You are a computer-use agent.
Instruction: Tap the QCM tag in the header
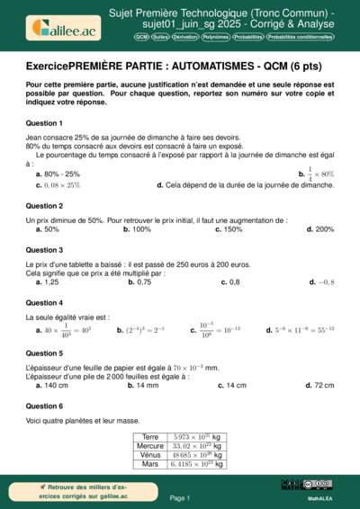tap(142, 38)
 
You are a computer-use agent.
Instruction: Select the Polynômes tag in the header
tap(215, 38)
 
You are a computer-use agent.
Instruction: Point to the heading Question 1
tap(44, 122)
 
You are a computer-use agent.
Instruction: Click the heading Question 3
tap(44, 249)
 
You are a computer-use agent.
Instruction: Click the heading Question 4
tap(44, 303)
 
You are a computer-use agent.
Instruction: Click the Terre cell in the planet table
tap(150, 436)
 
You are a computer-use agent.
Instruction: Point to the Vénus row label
tap(150, 455)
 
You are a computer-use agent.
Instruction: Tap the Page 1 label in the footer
tap(179, 497)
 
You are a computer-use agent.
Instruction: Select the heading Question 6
tap(44, 406)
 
